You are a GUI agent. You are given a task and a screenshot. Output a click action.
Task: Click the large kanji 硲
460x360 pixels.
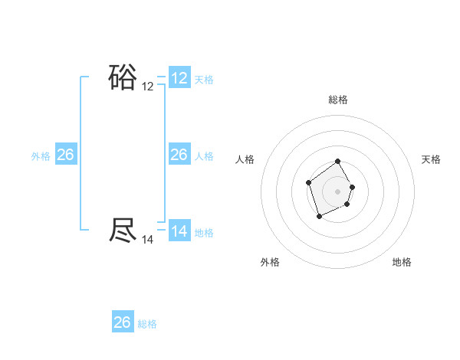click(x=123, y=77)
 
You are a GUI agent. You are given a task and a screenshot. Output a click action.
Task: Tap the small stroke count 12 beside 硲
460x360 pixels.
click(x=148, y=87)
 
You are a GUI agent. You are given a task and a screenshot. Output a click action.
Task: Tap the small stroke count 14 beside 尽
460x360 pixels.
click(x=148, y=240)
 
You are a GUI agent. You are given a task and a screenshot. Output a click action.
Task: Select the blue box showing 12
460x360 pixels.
click(x=179, y=78)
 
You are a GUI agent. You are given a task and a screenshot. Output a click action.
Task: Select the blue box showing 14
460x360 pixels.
click(x=179, y=231)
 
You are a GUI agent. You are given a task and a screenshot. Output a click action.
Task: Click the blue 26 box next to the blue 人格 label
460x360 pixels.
click(x=179, y=155)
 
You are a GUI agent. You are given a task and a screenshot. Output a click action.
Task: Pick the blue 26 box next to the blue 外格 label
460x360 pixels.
click(x=65, y=155)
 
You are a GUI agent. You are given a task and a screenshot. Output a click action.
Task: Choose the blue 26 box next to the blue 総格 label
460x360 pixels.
click(x=123, y=322)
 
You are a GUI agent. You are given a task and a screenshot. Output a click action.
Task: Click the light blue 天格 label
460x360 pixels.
click(x=204, y=80)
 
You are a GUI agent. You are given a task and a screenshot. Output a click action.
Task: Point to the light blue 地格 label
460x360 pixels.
click(x=204, y=233)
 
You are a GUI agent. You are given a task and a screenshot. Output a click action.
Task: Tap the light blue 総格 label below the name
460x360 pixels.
click(x=147, y=324)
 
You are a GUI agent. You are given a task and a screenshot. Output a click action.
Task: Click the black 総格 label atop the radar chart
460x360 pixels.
click(x=338, y=100)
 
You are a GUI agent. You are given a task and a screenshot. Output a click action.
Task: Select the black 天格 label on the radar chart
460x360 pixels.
click(x=431, y=159)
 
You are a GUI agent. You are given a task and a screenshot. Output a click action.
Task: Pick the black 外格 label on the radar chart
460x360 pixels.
click(x=270, y=262)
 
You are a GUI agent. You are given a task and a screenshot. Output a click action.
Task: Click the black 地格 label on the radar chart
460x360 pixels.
click(x=402, y=262)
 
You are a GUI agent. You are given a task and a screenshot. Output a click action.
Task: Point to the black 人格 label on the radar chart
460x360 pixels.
click(x=245, y=159)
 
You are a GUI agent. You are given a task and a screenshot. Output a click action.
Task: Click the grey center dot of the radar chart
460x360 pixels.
click(x=338, y=191)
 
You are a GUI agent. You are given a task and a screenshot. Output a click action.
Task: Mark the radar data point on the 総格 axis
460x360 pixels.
click(x=338, y=162)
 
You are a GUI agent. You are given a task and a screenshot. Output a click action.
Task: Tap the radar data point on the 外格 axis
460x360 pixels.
click(x=319, y=218)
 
